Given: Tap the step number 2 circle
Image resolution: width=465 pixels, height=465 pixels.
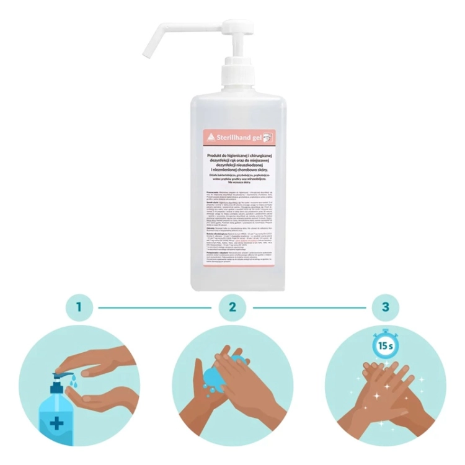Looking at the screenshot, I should pyautogui.click(x=232, y=306).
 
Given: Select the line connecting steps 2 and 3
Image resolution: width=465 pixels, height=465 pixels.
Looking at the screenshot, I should pyautogui.click(x=308, y=306).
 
